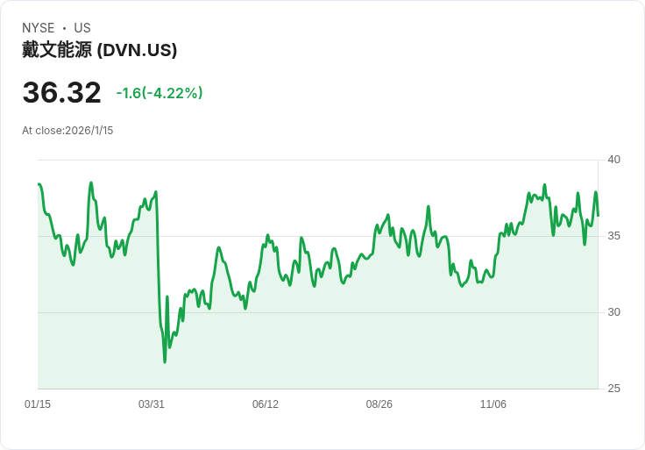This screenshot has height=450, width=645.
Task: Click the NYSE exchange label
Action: (38, 28)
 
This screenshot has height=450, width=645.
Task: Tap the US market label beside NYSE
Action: (82, 28)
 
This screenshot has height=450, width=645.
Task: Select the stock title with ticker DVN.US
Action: (100, 50)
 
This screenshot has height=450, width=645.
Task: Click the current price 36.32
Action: (61, 93)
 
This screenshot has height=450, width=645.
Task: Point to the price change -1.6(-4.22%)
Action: (159, 93)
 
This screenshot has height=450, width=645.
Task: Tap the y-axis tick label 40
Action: (614, 160)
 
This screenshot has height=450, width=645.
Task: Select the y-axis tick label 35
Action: (614, 236)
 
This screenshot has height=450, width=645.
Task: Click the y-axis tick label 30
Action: (614, 312)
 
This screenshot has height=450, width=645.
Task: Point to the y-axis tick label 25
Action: (614, 389)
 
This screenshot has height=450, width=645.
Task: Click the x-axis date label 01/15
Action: (38, 404)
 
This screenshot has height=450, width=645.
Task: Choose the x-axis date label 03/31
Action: (152, 404)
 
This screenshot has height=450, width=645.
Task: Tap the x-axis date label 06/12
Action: (266, 404)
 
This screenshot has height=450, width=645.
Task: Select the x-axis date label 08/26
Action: (379, 404)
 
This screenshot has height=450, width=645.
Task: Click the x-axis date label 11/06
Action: (493, 404)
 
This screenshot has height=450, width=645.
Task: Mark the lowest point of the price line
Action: (165, 361)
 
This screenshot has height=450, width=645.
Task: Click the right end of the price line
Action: (598, 216)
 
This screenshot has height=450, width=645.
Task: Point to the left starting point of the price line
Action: (39, 184)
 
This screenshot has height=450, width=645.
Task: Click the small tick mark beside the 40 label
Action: (602, 160)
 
